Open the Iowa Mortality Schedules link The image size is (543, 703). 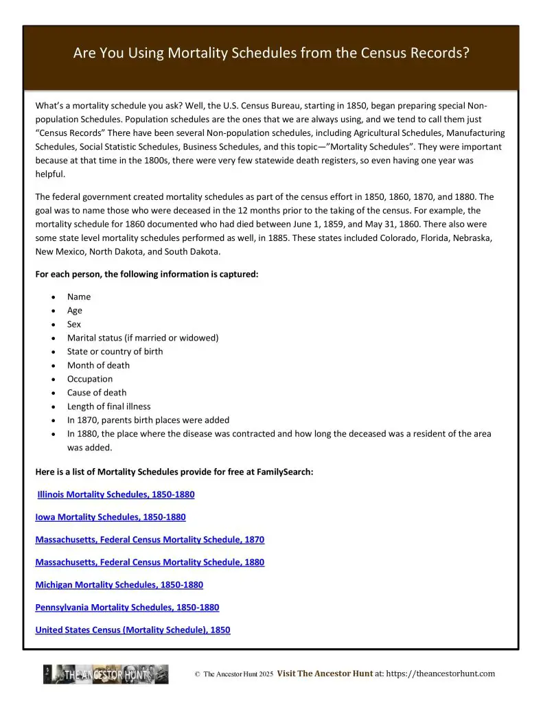click(111, 517)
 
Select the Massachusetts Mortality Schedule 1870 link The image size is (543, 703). click(150, 540)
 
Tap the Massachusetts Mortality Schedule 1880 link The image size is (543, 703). click(150, 562)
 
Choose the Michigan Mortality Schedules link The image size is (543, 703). click(119, 585)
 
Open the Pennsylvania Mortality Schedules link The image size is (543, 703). click(127, 608)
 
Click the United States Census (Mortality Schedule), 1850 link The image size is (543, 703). click(132, 630)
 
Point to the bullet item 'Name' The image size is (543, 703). click(79, 297)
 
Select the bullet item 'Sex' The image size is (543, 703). click(74, 324)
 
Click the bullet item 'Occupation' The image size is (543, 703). click(90, 379)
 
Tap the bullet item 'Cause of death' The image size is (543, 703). click(97, 393)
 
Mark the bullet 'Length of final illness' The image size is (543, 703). click(108, 406)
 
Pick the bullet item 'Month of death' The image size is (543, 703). click(98, 365)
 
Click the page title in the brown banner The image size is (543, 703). click(271, 54)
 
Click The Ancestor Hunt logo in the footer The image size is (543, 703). click(106, 674)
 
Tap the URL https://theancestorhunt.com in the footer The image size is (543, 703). click(441, 674)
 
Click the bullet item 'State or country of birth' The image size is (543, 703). click(115, 351)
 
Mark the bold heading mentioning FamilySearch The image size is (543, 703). click(174, 472)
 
